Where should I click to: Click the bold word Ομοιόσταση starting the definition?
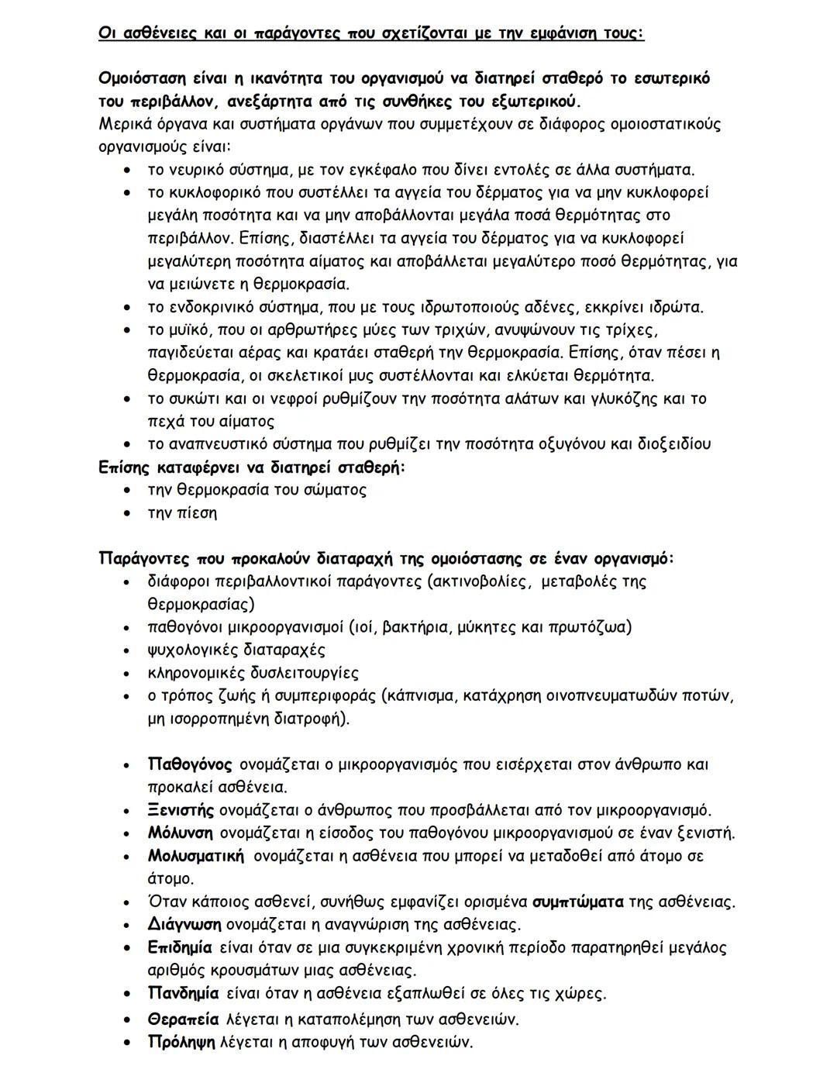coord(144,79)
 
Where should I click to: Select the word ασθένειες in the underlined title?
coord(153,33)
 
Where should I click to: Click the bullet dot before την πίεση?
coord(128,514)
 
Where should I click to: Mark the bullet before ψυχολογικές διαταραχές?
coord(128,651)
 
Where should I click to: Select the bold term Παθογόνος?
coord(189,765)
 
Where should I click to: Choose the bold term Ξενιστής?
coord(181,811)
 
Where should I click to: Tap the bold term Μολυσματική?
coord(195,857)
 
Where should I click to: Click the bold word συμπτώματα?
coord(577,902)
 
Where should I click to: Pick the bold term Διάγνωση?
coord(184,925)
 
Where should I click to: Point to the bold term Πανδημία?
coord(183,994)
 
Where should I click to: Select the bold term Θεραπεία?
coord(183,1019)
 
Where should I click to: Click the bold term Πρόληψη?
coord(181,1043)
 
